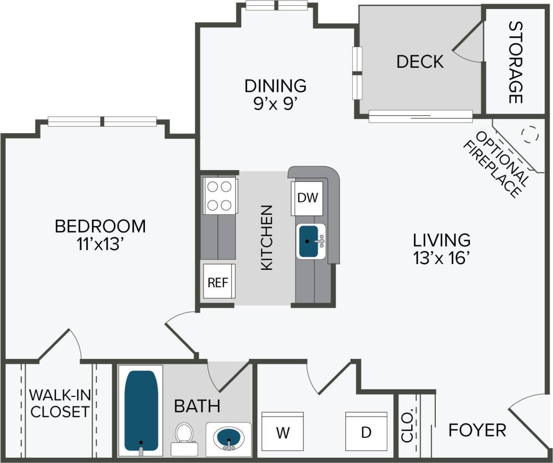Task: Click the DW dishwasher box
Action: [x=307, y=198]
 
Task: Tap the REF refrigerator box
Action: [x=218, y=282]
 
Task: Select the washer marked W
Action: [x=282, y=432]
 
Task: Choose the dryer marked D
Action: [x=366, y=432]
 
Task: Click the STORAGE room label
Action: [x=515, y=62]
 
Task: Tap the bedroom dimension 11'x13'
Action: [x=100, y=244]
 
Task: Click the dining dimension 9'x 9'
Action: [x=275, y=103]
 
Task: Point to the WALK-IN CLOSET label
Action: [x=59, y=403]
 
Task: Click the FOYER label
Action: [x=477, y=430]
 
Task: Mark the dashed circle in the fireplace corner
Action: [x=530, y=133]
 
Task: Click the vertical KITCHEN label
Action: [x=266, y=237]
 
